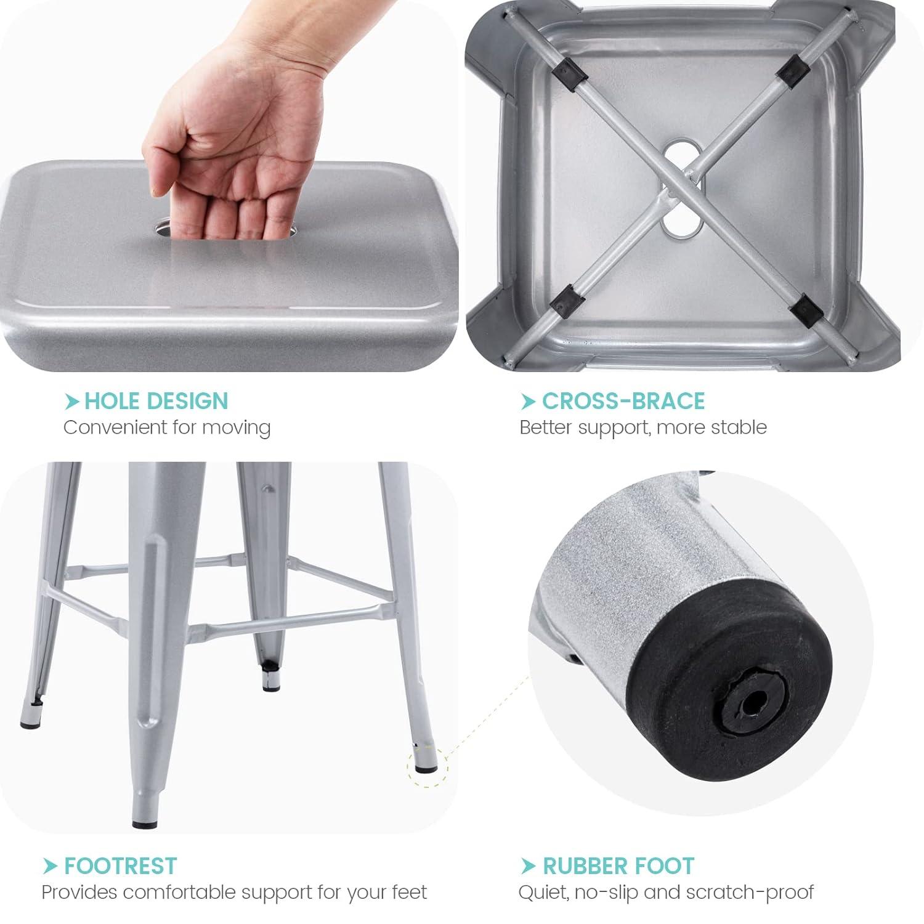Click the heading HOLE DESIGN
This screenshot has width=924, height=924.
(156, 401)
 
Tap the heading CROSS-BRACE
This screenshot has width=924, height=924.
(623, 401)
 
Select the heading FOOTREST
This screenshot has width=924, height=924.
(120, 865)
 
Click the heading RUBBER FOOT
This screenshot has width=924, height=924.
(618, 865)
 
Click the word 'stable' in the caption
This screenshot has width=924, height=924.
(739, 428)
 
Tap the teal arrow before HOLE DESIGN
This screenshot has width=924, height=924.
(73, 402)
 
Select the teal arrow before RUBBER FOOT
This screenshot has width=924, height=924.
(528, 866)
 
